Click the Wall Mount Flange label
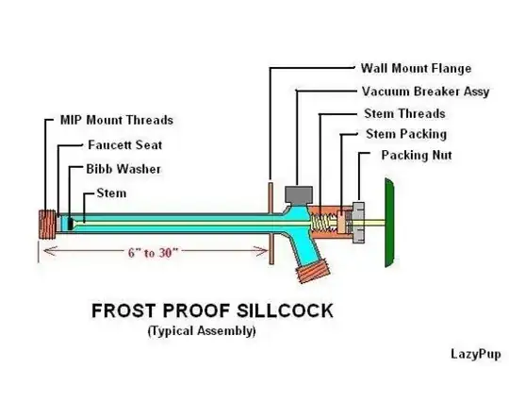pyautogui.click(x=416, y=69)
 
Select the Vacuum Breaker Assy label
pyautogui.click(x=425, y=92)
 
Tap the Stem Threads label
pyautogui.click(x=404, y=114)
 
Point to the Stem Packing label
pyautogui.click(x=406, y=134)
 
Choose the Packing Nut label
pyautogui.click(x=417, y=156)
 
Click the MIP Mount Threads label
pyautogui.click(x=117, y=120)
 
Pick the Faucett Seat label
pyautogui.click(x=125, y=145)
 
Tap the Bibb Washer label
pyautogui.click(x=123, y=169)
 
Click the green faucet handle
pyautogui.click(x=389, y=223)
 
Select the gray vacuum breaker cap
pyautogui.click(x=299, y=194)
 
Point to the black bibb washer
pyautogui.click(x=71, y=224)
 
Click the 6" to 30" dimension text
pyautogui.click(x=153, y=253)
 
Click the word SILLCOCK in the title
pyautogui.click(x=285, y=310)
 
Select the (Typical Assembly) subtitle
pyautogui.click(x=202, y=331)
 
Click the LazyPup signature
pyautogui.click(x=476, y=354)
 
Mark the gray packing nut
pyautogui.click(x=358, y=223)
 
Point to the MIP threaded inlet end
pyautogui.click(x=47, y=225)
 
